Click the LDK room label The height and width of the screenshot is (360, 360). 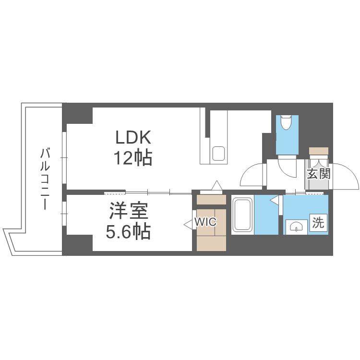[133, 138]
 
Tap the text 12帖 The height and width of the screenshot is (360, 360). [133, 157]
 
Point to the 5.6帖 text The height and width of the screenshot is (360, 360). [128, 232]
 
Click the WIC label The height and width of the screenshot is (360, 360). [205, 222]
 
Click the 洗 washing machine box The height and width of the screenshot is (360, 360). [318, 223]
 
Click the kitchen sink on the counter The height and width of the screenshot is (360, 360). [219, 154]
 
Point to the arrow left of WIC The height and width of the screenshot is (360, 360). [188, 223]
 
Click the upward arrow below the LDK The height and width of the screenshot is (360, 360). [217, 185]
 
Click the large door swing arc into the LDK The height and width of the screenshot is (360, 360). [252, 176]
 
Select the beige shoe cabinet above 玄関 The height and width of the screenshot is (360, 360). [318, 151]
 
